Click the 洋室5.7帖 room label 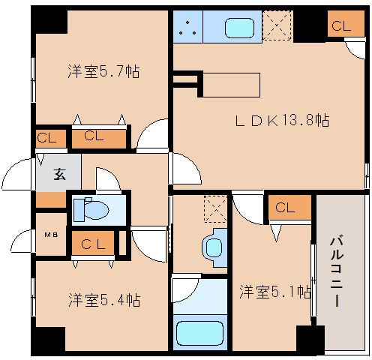coord(103,73)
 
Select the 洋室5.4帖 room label coord(103,301)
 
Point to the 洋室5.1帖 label coord(275,292)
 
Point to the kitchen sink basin coord(239,28)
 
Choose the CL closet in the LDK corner coord(340,26)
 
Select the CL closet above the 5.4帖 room coord(93,243)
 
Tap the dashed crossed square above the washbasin coord(214,208)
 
